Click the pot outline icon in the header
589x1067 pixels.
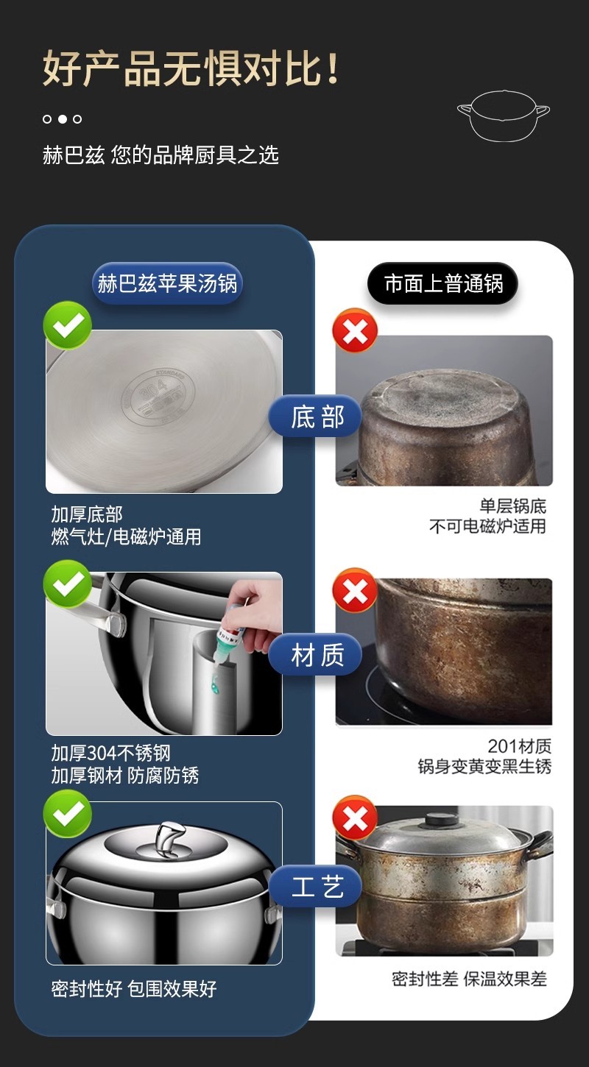tap(503, 116)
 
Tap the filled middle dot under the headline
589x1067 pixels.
tap(62, 119)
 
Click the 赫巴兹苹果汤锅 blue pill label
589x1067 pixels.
tap(167, 283)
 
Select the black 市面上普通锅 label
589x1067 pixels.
tap(443, 283)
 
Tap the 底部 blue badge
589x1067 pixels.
tap(315, 416)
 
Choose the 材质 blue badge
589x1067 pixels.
tap(315, 655)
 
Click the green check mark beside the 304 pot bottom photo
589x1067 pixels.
tap(67, 325)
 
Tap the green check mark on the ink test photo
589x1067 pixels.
tap(67, 584)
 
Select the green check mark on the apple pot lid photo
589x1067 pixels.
tap(67, 814)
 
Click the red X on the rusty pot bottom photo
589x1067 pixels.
tap(355, 330)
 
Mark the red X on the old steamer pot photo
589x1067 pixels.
tap(355, 818)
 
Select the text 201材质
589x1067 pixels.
tap(520, 745)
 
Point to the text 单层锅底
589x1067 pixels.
tap(512, 505)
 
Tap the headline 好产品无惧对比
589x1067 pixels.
tap(191, 68)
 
